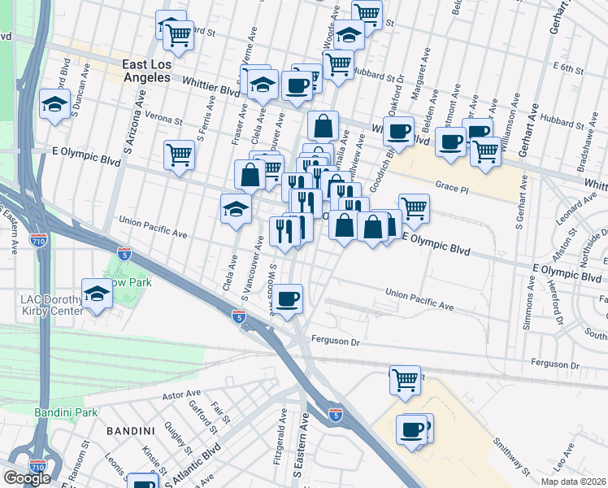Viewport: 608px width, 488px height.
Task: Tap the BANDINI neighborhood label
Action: pos(131,429)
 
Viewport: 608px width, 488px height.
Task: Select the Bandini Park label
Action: pos(65,413)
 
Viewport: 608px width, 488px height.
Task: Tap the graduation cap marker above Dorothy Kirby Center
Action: pos(98,295)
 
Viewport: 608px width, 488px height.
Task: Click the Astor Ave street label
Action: pos(181,396)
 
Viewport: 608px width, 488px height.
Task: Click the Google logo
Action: pos(27,477)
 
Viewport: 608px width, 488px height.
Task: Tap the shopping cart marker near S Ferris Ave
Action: pos(179,154)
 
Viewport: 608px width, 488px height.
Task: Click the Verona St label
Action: pos(163,117)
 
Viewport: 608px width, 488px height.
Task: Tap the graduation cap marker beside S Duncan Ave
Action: pos(54,105)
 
